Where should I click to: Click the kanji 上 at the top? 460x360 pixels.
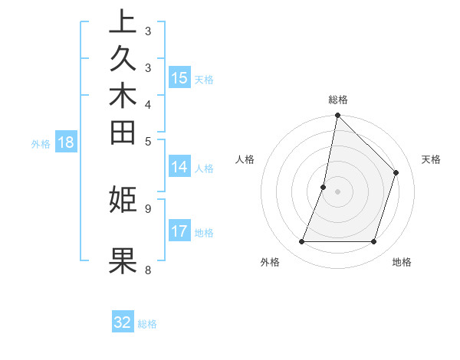coord(123,21)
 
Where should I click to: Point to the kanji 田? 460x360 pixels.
coord(123,133)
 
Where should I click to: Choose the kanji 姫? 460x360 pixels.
coord(123,199)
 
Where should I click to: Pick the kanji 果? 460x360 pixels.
coord(123,260)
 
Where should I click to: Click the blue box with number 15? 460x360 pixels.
coord(179,77)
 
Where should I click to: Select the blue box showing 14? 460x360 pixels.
coord(179,167)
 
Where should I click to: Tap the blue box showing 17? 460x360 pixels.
coord(179,231)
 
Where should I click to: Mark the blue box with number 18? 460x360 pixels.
coord(66,142)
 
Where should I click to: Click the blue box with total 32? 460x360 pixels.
coord(123,322)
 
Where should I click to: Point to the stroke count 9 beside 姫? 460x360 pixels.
coord(148,208)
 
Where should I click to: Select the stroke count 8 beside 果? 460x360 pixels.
coord(148,270)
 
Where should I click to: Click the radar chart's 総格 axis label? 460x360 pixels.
coord(338,100)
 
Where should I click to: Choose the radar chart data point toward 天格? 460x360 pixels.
coord(396,172)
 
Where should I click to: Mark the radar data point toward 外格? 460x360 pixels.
coord(302,242)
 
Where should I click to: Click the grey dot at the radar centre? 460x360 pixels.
coord(338,191)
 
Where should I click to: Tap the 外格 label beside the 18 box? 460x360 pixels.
coord(41,143)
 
